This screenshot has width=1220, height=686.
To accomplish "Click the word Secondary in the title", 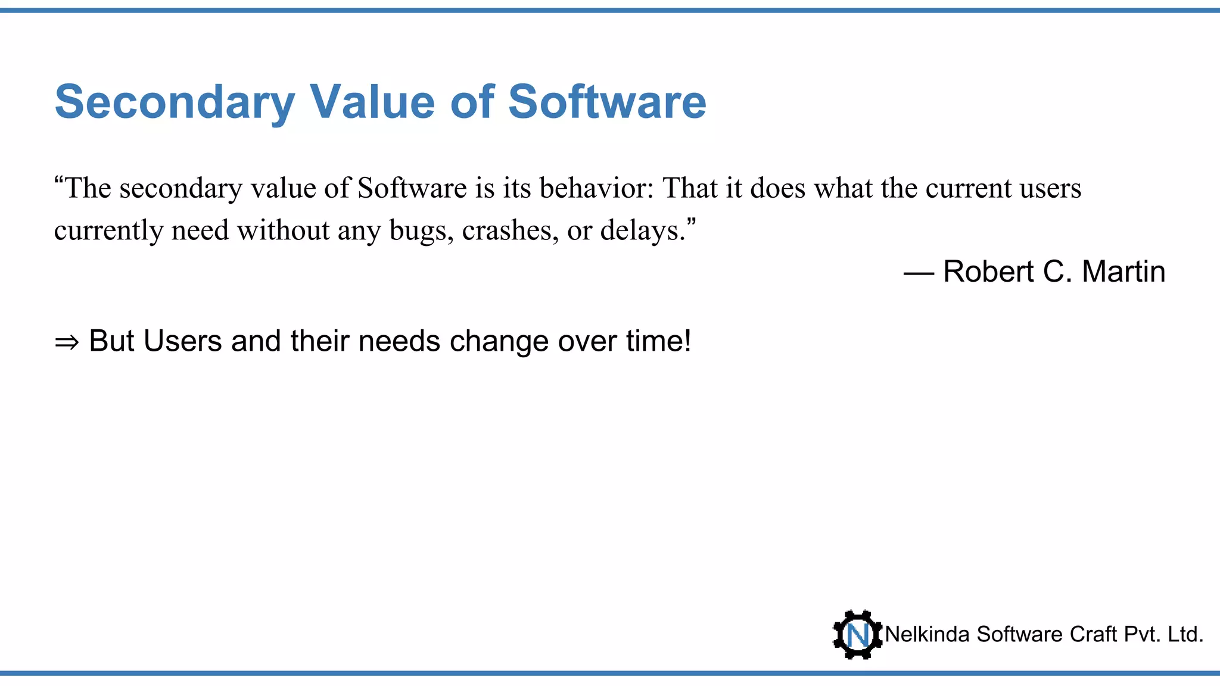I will point(175,102).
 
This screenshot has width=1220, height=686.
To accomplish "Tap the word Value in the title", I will point(372,102).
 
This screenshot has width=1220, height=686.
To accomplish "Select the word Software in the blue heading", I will point(607,102).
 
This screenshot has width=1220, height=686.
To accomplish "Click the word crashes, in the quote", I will point(510,230).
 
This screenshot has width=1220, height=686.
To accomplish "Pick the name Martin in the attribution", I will point(1123,272).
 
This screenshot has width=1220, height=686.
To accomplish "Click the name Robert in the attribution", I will point(988,272).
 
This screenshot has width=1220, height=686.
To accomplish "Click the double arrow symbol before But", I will point(66,342).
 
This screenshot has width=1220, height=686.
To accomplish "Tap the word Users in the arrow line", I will point(182,341).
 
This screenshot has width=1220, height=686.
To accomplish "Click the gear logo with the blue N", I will point(857,635).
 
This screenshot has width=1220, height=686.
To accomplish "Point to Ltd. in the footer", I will point(1185,635).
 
